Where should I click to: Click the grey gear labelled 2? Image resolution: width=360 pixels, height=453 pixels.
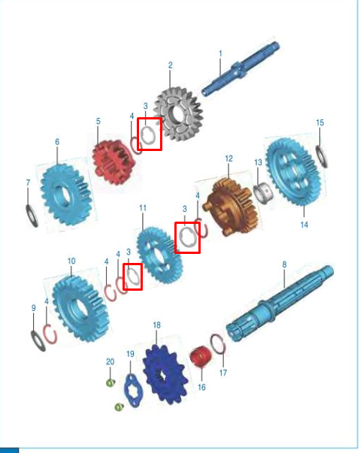click(179, 115)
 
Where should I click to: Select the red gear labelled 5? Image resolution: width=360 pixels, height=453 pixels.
click(114, 162)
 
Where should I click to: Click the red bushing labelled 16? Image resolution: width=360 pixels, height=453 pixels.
click(200, 356)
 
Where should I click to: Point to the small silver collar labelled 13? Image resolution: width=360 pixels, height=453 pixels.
click(263, 192)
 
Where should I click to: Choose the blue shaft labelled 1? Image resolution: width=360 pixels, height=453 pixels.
click(241, 69)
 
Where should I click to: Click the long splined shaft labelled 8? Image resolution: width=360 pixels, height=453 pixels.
click(280, 304)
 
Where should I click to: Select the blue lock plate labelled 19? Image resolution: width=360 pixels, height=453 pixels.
click(133, 390)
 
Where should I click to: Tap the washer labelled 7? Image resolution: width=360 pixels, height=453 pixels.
click(32, 216)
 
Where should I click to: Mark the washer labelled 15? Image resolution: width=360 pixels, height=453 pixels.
click(322, 156)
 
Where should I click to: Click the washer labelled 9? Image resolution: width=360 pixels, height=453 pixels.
click(38, 341)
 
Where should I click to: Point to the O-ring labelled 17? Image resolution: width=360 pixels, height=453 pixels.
click(218, 344)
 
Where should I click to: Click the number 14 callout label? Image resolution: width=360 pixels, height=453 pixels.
click(304, 225)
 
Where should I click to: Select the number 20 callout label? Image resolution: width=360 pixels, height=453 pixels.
click(110, 361)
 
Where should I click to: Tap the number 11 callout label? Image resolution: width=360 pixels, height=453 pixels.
click(143, 208)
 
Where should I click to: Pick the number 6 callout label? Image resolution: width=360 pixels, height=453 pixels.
click(57, 141)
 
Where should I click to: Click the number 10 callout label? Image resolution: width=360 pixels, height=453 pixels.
click(71, 261)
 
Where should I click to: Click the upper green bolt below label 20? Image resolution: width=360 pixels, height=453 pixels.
click(110, 383)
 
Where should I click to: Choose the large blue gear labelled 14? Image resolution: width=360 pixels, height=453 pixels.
click(293, 171)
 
